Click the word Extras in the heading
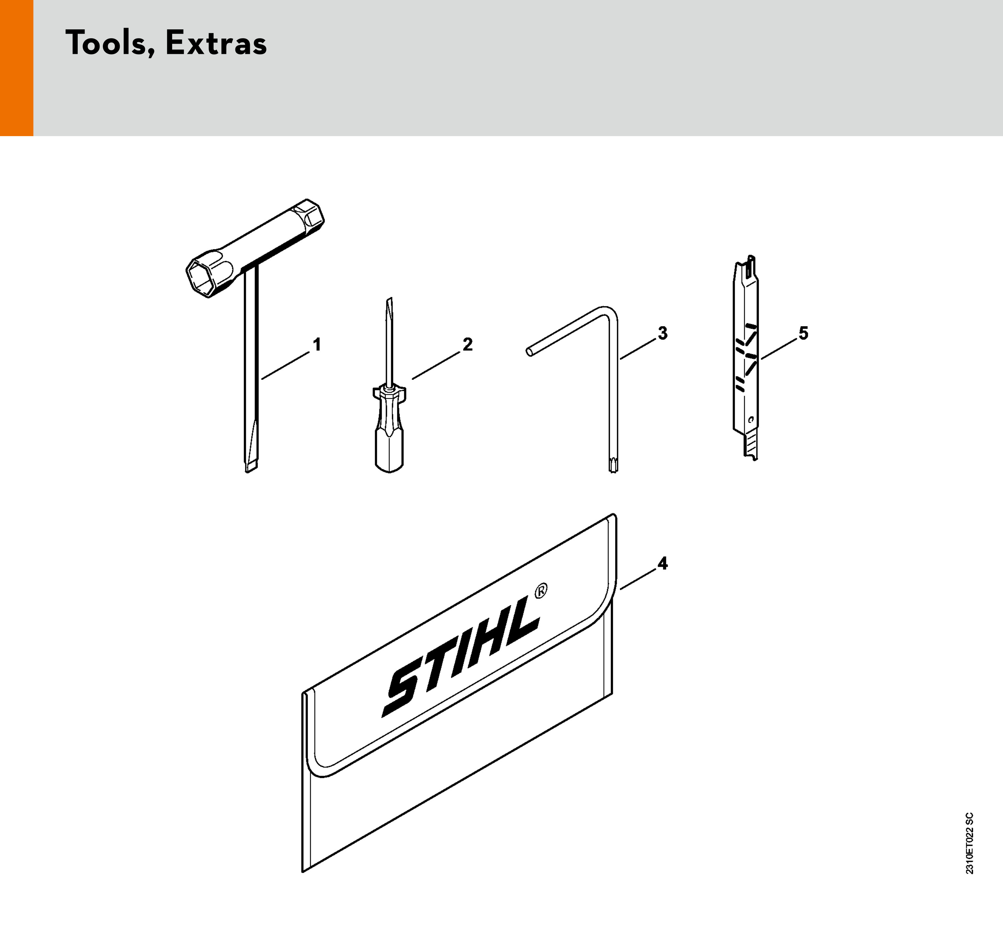[x=216, y=43]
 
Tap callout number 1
[x=317, y=345]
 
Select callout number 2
[x=468, y=345]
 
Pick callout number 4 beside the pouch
[x=662, y=563]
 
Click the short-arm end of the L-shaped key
[x=529, y=351]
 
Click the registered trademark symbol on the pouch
[x=540, y=591]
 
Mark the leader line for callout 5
[x=779, y=350]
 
